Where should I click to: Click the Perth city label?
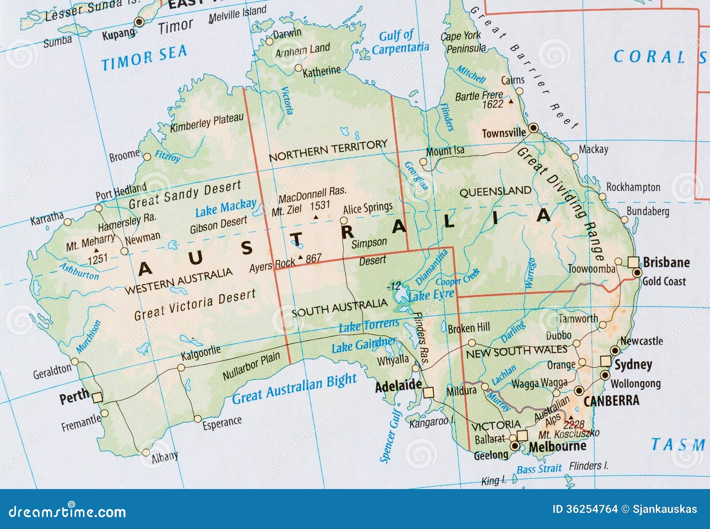tap(74, 396)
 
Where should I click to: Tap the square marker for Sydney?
tap(605, 360)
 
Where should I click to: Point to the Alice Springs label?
tap(367, 208)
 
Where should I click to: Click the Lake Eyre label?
tap(430, 295)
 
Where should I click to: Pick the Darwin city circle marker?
tap(269, 42)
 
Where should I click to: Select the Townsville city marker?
tap(534, 128)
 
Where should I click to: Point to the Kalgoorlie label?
tap(201, 353)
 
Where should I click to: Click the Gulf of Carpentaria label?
tap(399, 43)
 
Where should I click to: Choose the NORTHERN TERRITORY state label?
tap(328, 150)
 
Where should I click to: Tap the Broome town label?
tap(124, 156)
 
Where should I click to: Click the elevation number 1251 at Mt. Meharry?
tap(97, 258)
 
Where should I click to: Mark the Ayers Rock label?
tap(272, 265)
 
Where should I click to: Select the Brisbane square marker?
tap(633, 262)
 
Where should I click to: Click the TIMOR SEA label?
tap(144, 58)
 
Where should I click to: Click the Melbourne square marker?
tap(522, 435)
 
